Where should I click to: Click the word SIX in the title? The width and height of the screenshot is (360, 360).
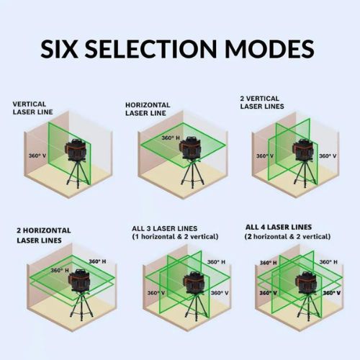point(62,50)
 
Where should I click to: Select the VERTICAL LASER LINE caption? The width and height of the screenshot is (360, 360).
point(33,107)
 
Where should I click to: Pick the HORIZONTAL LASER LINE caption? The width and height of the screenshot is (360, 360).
point(149,109)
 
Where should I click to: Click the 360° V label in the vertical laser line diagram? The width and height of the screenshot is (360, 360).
point(37,155)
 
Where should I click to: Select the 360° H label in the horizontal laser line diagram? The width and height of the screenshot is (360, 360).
point(170,138)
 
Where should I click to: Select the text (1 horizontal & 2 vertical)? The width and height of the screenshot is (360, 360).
point(171,237)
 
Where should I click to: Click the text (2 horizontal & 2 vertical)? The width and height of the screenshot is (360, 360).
point(287,236)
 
